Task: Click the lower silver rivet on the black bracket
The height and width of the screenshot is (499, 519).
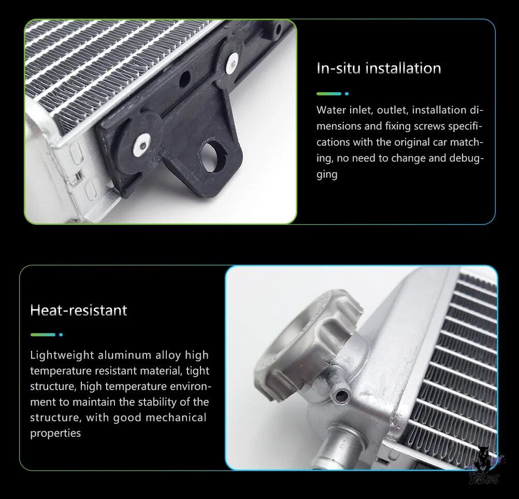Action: [x=142, y=145]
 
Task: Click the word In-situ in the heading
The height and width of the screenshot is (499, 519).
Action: [x=338, y=68]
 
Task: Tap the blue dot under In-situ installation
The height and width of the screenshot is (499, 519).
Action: [x=347, y=94]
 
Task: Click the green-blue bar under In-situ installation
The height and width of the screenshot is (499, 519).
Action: [x=329, y=94]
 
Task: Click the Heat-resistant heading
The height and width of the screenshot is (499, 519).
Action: [x=79, y=310]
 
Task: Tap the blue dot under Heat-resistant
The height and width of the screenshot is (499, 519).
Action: [x=61, y=335]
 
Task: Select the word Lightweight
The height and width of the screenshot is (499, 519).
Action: [x=62, y=355]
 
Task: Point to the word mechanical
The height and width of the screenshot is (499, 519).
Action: [x=176, y=418]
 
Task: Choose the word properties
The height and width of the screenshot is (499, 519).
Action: [x=55, y=433]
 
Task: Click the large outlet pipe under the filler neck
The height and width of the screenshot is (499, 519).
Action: [x=341, y=447]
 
